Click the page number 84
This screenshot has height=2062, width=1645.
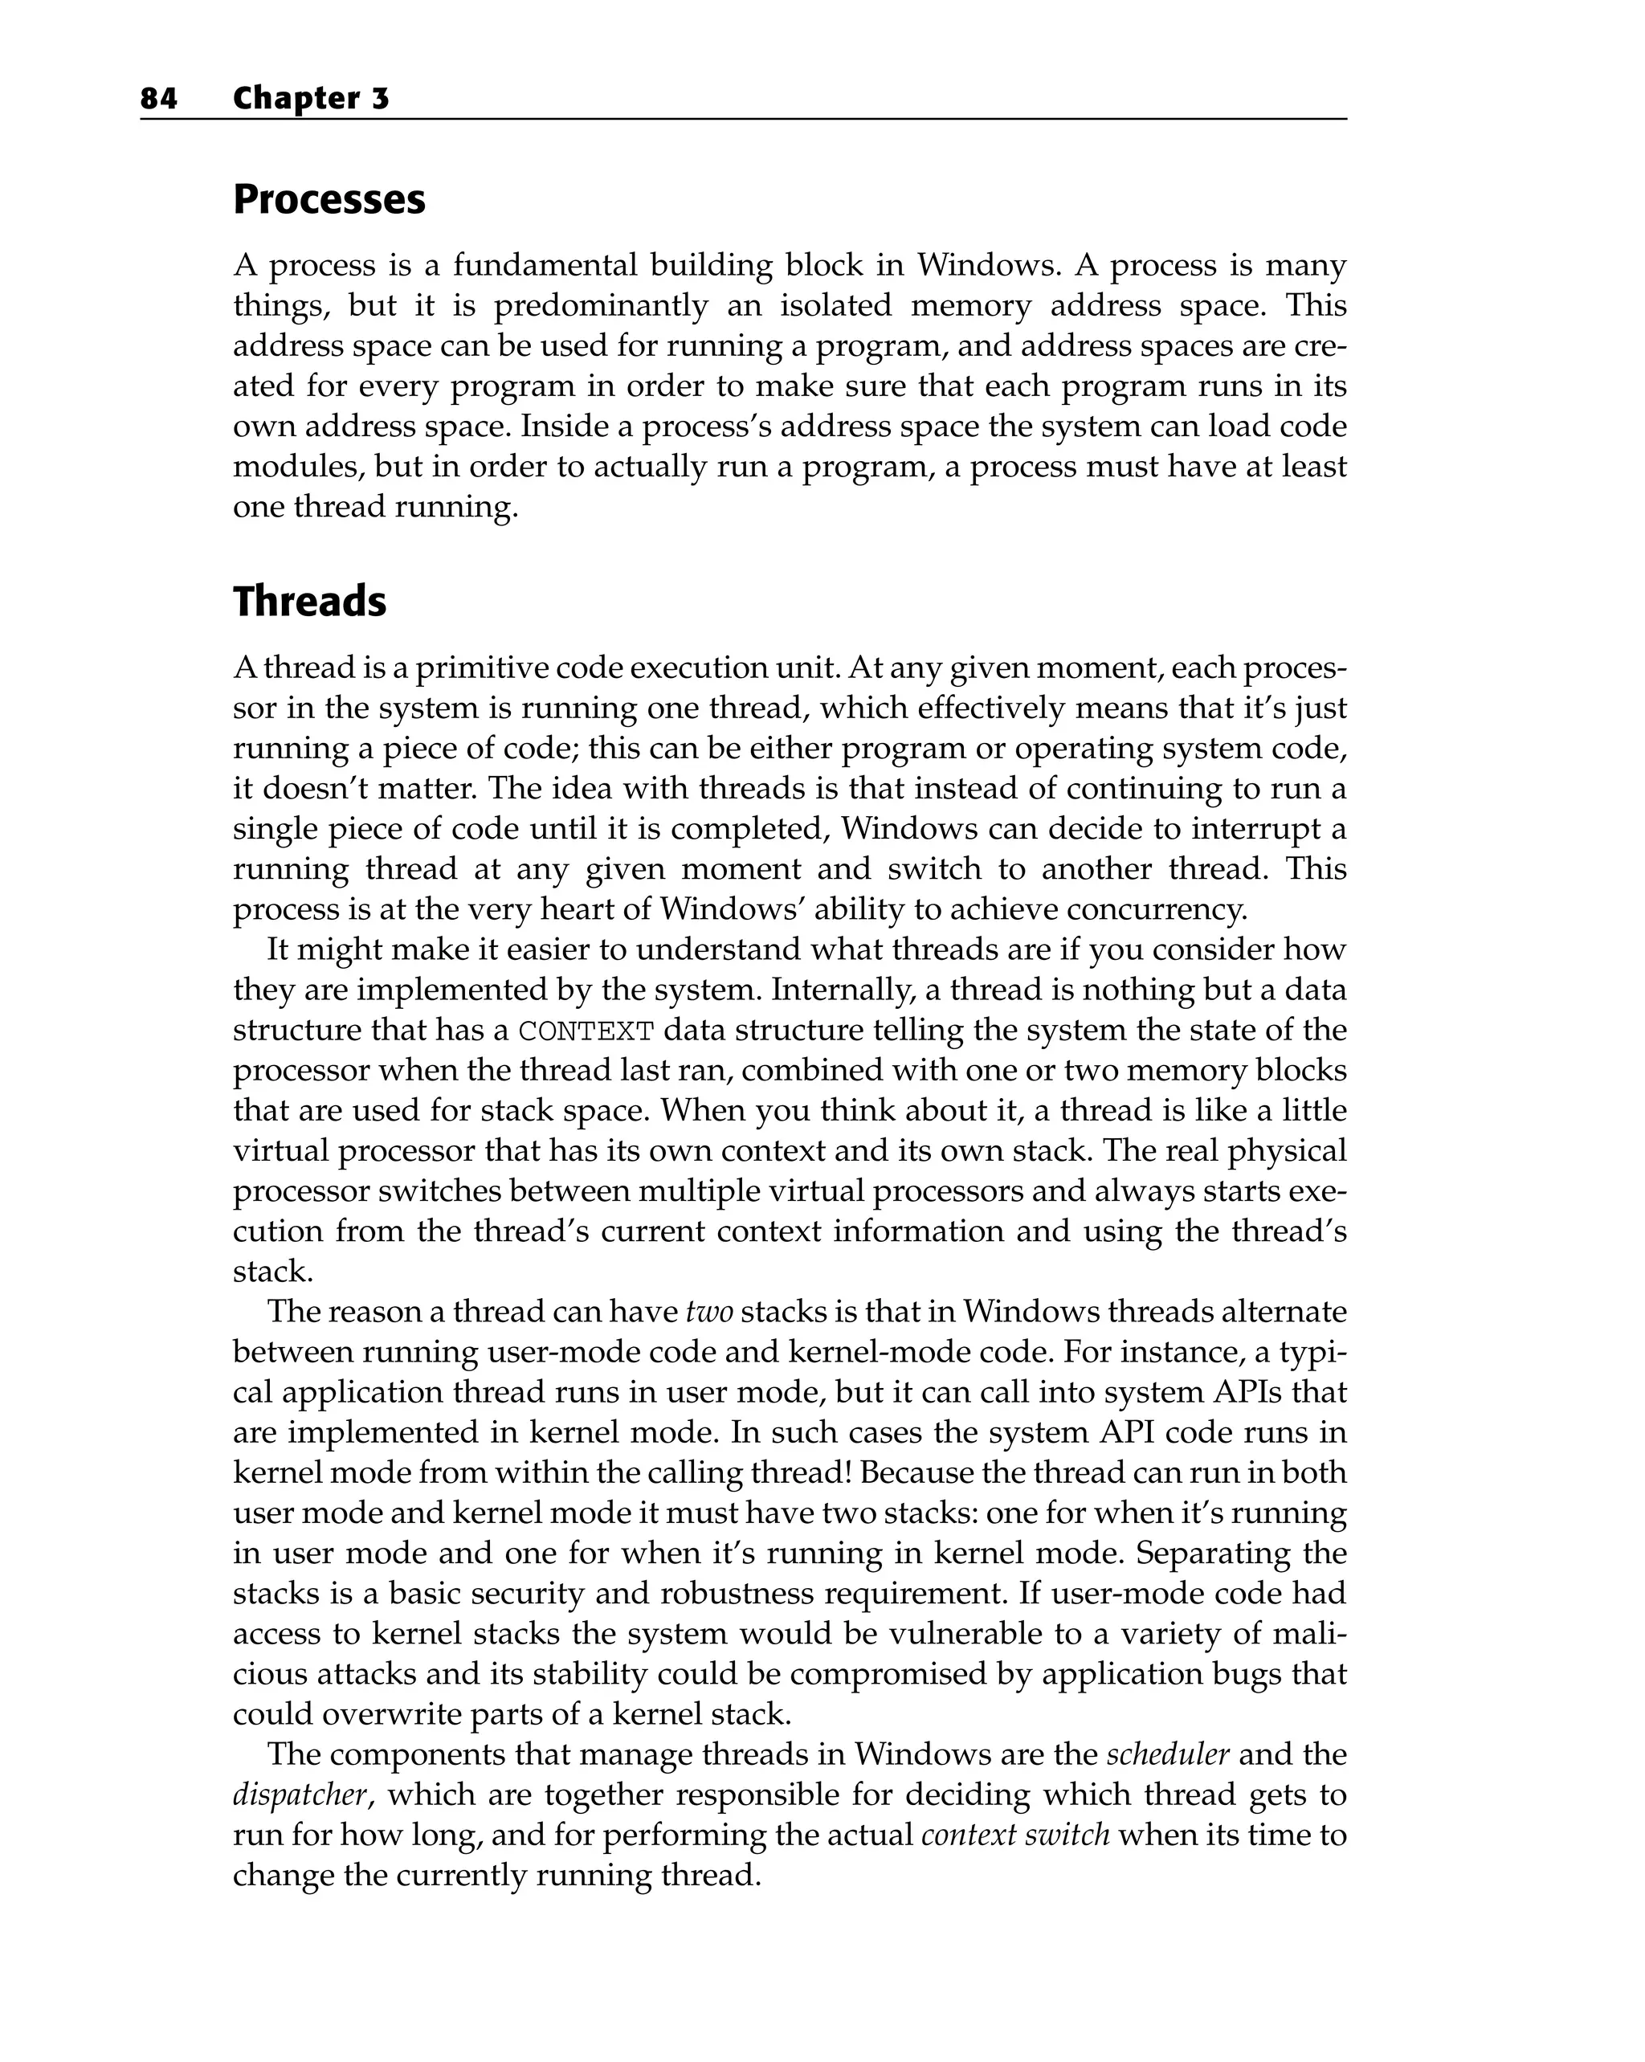coord(159,99)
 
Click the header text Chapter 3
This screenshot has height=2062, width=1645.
coord(311,99)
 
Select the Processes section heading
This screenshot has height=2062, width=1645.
coord(329,200)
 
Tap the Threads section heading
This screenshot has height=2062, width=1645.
coord(310,602)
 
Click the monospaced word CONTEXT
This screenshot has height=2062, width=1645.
coord(586,1032)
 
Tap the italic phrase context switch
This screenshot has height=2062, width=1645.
coord(1014,1835)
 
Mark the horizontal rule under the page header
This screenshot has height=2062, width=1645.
coord(743,120)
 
